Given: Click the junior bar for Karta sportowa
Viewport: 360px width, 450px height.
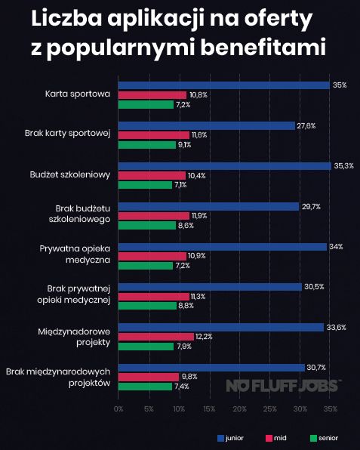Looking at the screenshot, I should click(223, 85).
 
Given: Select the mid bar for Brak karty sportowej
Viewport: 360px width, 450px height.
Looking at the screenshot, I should click(154, 135).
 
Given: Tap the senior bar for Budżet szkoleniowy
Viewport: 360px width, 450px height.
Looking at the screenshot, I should click(146, 184).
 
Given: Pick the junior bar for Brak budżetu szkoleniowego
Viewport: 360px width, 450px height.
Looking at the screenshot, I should click(208, 206).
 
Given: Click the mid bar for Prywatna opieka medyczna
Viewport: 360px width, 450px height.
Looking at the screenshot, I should click(152, 256).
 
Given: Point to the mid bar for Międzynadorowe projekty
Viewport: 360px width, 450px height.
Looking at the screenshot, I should click(155, 337).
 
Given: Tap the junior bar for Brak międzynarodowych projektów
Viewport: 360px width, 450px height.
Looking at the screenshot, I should click(211, 367).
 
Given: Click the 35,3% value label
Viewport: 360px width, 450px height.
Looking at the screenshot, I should click(343, 166).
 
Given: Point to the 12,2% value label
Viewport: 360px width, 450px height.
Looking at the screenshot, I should click(205, 337).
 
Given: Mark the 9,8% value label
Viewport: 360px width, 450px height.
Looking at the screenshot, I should click(190, 377).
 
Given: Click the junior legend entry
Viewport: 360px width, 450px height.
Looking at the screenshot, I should click(235, 438).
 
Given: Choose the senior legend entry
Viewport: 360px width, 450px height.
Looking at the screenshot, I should click(326, 438).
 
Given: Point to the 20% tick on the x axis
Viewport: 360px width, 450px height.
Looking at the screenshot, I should click(239, 408).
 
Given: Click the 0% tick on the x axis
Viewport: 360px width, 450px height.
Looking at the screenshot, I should click(118, 408).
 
